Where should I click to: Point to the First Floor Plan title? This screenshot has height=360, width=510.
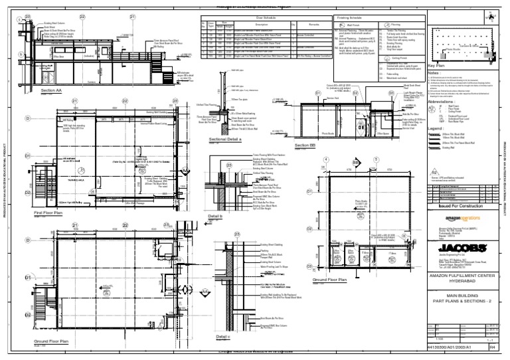[47, 213]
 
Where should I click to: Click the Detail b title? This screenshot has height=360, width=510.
[214, 216]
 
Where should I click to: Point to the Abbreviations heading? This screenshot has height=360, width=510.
[444, 102]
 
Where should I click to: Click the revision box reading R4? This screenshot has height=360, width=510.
[492, 346]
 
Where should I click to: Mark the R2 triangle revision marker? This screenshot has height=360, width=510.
[434, 153]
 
